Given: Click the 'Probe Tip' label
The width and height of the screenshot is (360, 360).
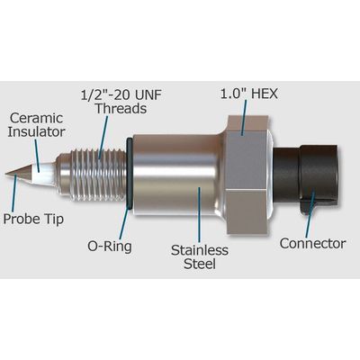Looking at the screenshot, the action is pos(33,219).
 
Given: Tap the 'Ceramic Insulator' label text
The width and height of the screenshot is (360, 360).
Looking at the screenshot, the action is pos(36,125).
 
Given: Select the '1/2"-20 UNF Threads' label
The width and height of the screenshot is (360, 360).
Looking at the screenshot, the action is pos(121,102).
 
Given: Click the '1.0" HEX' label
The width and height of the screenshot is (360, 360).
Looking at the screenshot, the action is pos(249,94).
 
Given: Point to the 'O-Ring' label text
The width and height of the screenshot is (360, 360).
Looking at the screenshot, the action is pos(110,247).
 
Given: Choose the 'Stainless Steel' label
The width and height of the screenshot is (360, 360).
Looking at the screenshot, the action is pos(200,257).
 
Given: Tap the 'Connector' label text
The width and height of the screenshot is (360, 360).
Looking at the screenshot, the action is pos(312,243).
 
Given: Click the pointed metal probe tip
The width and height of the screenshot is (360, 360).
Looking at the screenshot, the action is pos(18,174).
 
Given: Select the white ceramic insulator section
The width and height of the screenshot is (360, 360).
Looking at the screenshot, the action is pos(43,174).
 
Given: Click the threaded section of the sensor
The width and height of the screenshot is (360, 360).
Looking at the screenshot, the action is pos(93,175).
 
